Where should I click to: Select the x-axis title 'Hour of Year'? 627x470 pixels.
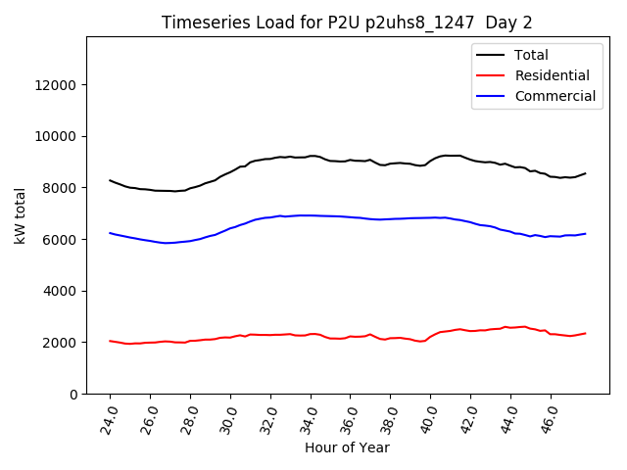click(x=347, y=447)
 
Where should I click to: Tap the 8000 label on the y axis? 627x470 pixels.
click(x=61, y=188)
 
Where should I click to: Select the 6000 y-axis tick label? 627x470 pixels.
click(x=61, y=240)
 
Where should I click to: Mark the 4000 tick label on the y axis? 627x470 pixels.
click(x=61, y=291)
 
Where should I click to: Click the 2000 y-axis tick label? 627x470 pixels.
click(x=61, y=343)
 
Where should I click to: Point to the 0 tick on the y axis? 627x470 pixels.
click(x=74, y=394)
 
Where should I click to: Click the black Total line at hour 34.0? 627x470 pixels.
click(x=311, y=156)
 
